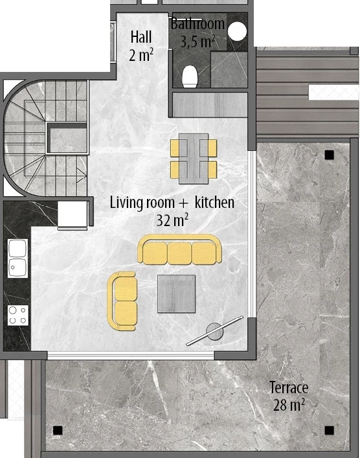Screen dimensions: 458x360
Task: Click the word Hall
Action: click(141, 37)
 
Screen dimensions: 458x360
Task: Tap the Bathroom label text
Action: click(197, 24)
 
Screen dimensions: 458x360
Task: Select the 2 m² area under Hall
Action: click(141, 55)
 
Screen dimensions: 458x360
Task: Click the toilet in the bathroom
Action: click(190, 76)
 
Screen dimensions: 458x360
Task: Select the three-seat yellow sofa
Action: click(180, 250)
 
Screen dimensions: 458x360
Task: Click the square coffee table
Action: click(177, 294)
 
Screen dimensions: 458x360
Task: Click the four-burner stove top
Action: click(17, 315)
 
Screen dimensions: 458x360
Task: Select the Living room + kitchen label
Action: click(172, 202)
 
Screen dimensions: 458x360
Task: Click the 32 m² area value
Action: click(172, 220)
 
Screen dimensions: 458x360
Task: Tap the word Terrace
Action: click(289, 388)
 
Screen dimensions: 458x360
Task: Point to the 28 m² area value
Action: click(289, 406)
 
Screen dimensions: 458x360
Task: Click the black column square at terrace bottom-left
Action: click(58, 430)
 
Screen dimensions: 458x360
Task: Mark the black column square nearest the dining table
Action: click(329, 154)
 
